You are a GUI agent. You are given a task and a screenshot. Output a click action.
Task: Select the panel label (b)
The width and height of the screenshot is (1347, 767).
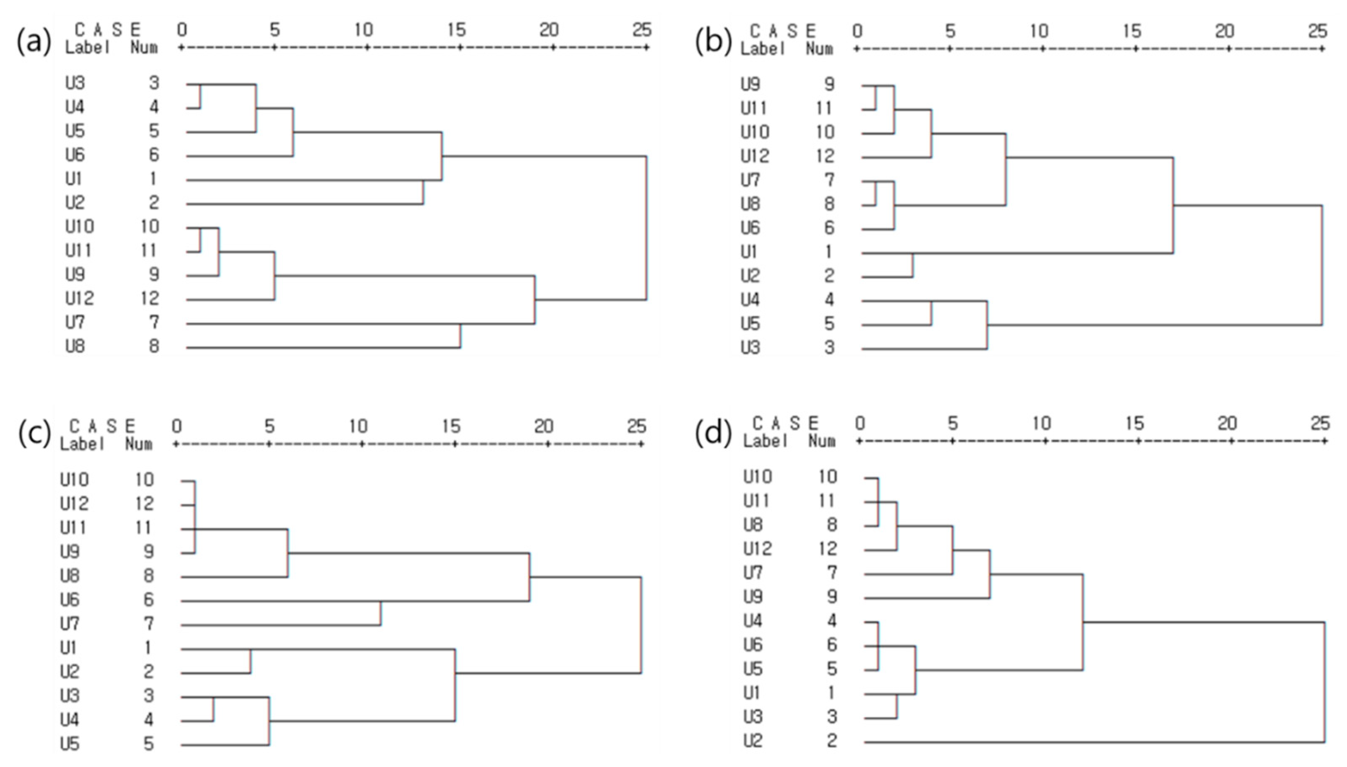713,42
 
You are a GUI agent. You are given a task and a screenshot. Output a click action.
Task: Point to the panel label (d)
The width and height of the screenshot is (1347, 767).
713,434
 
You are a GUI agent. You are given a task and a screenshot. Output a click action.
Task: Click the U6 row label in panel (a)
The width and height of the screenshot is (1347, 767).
75,155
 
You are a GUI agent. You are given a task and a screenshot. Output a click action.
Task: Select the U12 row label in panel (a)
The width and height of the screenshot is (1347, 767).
80,299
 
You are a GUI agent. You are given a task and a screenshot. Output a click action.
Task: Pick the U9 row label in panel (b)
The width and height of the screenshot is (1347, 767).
751,84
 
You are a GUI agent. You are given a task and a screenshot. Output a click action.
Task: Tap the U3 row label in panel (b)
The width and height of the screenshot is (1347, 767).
751,348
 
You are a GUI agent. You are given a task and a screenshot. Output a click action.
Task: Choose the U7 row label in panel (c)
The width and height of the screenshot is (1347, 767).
70,624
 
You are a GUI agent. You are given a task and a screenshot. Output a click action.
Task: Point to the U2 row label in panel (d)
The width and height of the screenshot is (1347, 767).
753,741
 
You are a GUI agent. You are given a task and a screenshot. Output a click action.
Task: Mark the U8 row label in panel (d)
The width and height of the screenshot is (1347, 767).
753,525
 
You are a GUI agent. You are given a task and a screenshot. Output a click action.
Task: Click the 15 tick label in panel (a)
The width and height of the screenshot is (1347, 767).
456,30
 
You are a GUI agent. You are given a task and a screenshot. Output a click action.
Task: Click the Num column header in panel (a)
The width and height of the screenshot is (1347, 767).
144,48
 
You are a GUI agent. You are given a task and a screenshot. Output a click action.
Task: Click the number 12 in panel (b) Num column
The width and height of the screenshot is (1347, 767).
825,156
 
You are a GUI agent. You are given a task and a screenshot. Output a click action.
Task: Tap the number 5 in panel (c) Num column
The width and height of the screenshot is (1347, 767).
149,744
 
